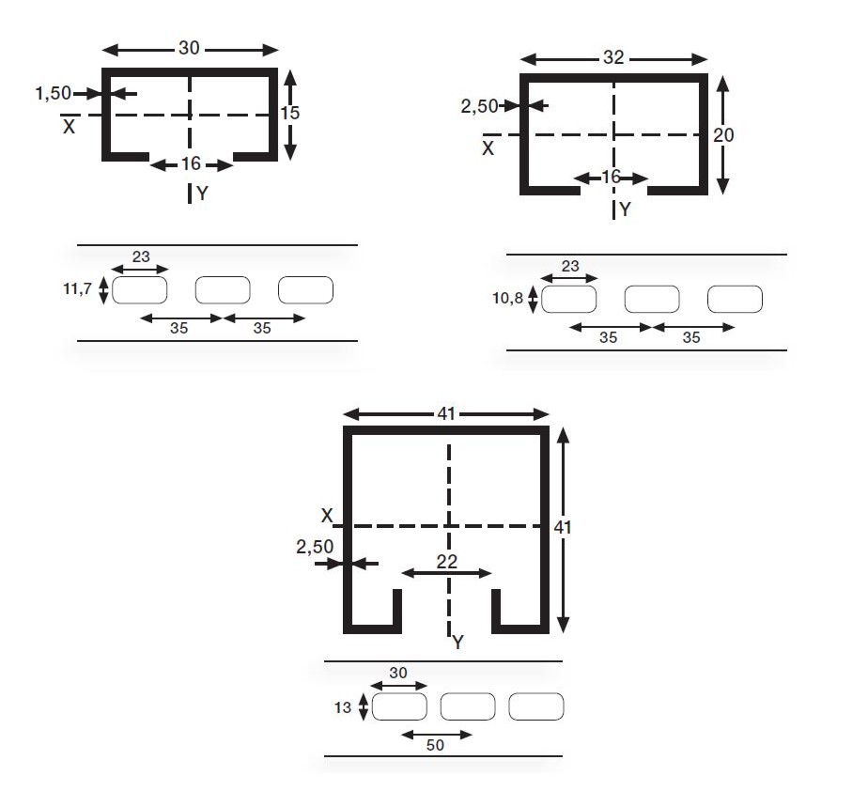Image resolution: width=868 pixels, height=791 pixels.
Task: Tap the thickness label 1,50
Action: (53, 93)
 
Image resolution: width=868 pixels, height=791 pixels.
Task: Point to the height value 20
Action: (723, 135)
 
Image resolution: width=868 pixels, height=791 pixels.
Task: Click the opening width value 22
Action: (447, 560)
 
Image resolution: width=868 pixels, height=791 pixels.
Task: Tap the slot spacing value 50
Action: (435, 745)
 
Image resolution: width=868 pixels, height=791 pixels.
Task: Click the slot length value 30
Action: (399, 673)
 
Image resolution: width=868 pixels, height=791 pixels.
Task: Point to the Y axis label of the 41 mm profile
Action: (457, 643)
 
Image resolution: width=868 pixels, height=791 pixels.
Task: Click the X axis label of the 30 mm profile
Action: (69, 126)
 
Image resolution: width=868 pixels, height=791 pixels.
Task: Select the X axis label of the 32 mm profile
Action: (488, 147)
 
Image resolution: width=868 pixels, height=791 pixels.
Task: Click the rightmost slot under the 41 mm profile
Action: (535, 706)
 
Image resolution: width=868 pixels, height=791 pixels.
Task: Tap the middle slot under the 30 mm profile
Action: (223, 290)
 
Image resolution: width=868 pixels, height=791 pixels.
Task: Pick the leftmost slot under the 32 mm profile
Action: (568, 300)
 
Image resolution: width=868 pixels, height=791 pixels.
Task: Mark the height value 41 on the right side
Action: (563, 527)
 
